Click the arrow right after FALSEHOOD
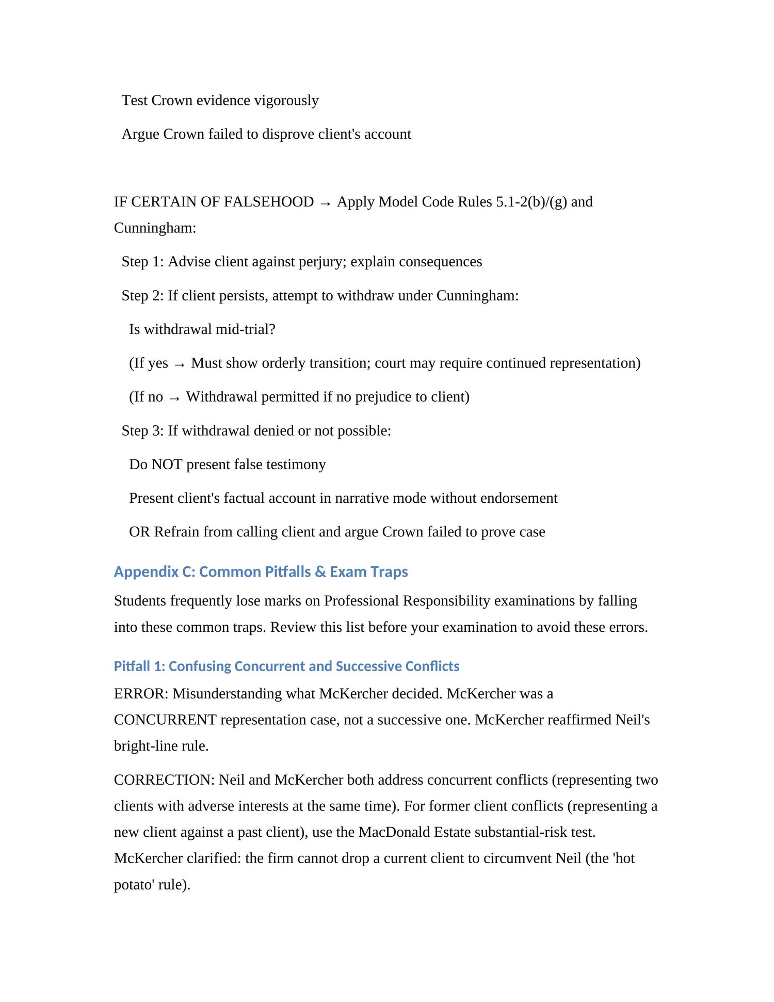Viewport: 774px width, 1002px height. click(x=325, y=203)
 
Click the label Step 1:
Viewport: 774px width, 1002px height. click(x=142, y=262)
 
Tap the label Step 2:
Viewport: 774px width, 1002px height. click(x=142, y=296)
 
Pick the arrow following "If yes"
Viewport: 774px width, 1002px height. click(x=180, y=364)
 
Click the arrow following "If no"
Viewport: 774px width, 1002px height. click(x=174, y=398)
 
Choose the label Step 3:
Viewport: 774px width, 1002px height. click(x=142, y=431)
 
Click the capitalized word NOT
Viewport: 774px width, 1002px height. click(x=167, y=465)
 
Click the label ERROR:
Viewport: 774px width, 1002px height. click(x=141, y=694)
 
